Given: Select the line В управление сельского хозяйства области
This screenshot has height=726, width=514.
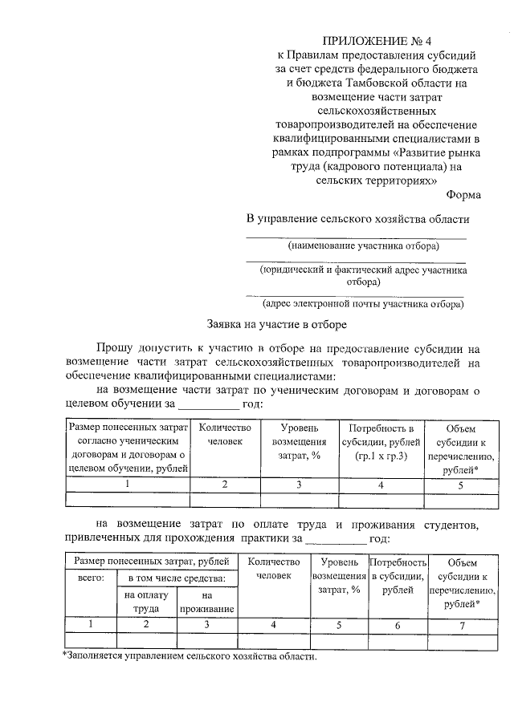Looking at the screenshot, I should tap(357, 218).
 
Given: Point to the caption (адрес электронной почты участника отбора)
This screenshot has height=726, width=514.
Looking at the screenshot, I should tap(363, 304).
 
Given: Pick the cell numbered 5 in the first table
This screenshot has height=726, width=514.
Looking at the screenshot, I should tap(460, 485).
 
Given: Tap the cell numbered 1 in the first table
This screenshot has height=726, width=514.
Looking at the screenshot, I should tap(128, 485).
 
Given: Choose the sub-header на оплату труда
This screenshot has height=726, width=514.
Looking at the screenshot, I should tap(145, 602).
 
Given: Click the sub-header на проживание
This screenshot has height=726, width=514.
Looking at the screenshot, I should tap(206, 602).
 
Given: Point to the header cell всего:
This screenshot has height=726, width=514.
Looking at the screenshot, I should tap(91, 577).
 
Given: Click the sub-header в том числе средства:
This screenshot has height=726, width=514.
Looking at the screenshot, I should tap(177, 578).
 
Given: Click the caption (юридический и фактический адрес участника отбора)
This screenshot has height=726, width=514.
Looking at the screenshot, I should tap(363, 275).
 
